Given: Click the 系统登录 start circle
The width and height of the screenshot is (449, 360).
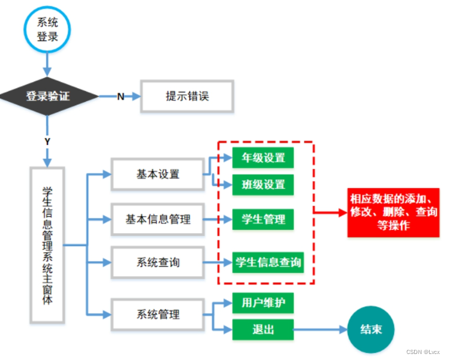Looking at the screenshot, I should (x=48, y=28).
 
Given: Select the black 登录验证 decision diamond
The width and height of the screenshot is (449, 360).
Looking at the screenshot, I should (x=48, y=96).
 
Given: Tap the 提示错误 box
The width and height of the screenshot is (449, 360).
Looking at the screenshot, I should (x=187, y=96).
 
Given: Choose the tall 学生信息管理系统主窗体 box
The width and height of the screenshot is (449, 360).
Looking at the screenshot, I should (x=47, y=246).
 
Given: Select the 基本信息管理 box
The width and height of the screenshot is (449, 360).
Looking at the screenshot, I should (x=158, y=219).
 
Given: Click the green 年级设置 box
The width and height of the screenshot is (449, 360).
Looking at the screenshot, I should (x=263, y=158).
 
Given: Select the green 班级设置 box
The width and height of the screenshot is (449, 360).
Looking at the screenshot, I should (x=263, y=184).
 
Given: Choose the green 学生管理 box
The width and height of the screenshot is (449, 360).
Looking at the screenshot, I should (x=263, y=219).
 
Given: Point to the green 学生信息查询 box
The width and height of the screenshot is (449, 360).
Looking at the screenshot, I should (x=267, y=262).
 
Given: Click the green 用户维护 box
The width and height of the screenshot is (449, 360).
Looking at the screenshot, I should (x=263, y=302).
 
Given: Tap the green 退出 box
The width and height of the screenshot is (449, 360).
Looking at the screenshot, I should (x=263, y=329).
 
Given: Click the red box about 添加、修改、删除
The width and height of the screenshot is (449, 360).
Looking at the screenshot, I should (x=394, y=212).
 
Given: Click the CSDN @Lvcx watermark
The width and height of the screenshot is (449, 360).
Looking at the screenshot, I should (x=423, y=352).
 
